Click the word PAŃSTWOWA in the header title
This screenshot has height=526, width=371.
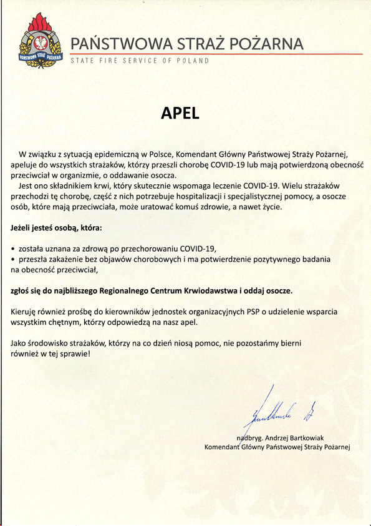pyautogui.click(x=110, y=44)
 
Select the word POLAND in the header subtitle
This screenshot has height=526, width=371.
pyautogui.click(x=195, y=61)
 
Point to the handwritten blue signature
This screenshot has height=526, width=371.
pyautogui.click(x=275, y=409)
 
